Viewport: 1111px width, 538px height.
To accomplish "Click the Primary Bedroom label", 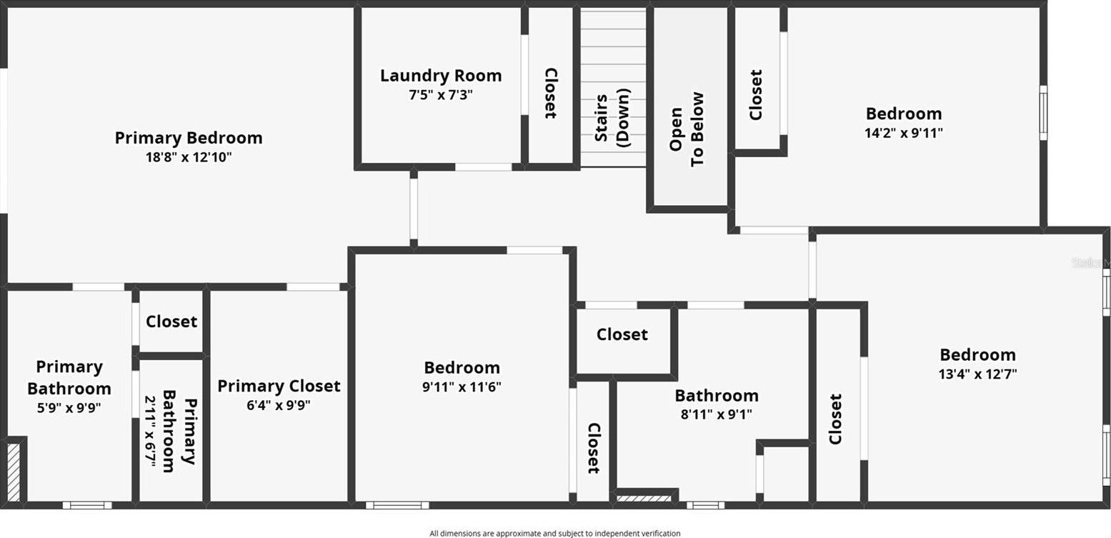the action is coord(189,138).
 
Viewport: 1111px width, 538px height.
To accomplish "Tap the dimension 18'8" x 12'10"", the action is coord(189,157).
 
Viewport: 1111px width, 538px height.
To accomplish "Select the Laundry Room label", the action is coord(441,75).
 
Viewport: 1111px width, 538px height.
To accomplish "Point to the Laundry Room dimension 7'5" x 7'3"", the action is coord(441,94).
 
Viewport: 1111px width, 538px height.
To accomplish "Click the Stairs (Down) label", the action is coord(612,117).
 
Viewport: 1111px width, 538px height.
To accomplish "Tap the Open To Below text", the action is coord(687,129).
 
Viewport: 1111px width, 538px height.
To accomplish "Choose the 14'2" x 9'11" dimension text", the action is coord(904,133).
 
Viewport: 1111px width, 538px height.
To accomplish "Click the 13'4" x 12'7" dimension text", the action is coord(977,374).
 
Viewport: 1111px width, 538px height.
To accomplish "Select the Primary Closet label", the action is coord(279,386).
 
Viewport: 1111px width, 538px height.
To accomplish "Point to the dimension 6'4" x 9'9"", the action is coord(279,405).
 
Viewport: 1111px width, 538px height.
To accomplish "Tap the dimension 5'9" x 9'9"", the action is coord(69,407).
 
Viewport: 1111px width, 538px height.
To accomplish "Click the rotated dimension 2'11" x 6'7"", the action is coord(150,431).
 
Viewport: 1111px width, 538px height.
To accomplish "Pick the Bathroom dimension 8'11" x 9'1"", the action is coord(717,414).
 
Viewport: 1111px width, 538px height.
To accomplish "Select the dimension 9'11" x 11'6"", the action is coord(462,387).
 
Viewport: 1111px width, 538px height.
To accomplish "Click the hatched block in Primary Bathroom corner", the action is coord(14,472).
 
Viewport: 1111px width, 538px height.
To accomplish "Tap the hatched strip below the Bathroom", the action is coord(643,498).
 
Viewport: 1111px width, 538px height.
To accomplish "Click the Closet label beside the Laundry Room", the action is coord(551,93).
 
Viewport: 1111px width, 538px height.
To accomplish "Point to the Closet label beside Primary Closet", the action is coord(171,322).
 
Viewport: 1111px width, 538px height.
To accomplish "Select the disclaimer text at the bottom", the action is coord(555,534).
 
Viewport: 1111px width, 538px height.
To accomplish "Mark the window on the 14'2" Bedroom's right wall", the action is coord(1044,113).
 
